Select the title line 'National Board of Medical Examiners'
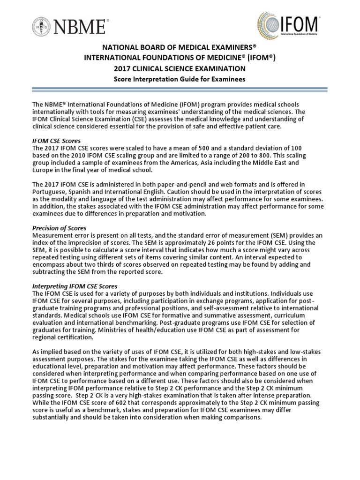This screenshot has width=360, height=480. coord(180,49)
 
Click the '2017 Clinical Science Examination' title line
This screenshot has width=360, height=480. coord(180,69)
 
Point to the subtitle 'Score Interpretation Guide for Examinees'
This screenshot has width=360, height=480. coord(180,79)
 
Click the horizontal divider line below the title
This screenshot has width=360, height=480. coord(180,88)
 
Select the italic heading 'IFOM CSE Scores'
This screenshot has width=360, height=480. coord(56,140)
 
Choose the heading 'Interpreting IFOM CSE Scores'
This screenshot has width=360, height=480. coord(75,286)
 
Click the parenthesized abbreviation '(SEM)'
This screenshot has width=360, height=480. coord(281,235)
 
